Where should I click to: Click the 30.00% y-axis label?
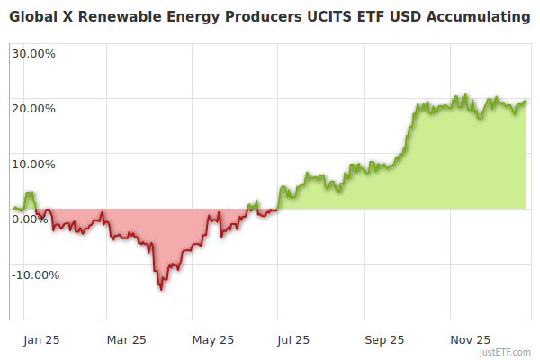click(33, 53)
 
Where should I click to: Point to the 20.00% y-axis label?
click(33, 109)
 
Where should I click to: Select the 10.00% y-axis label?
click(33, 165)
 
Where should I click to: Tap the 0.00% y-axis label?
click(30, 220)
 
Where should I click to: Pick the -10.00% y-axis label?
click(35, 275)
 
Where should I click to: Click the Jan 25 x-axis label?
click(40, 340)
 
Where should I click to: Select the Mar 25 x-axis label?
click(126, 340)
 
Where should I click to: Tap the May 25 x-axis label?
click(213, 340)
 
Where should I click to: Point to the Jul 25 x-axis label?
click(293, 340)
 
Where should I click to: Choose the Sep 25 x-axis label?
click(385, 340)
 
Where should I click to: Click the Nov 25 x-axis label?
click(471, 340)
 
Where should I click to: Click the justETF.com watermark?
click(507, 353)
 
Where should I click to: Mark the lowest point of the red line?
click(161, 289)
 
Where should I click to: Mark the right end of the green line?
click(526, 102)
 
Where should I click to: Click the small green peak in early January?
click(31, 192)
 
